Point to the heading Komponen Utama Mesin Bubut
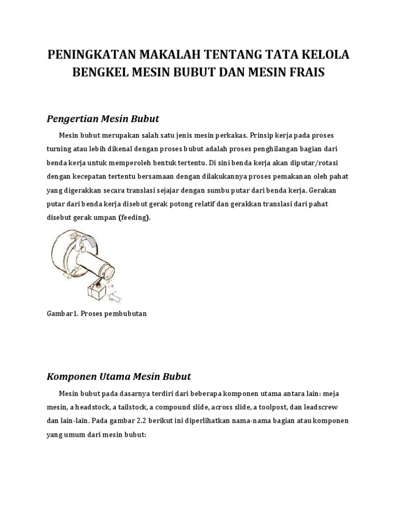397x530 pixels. (x=119, y=376)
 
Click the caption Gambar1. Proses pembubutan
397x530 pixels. (x=97, y=314)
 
